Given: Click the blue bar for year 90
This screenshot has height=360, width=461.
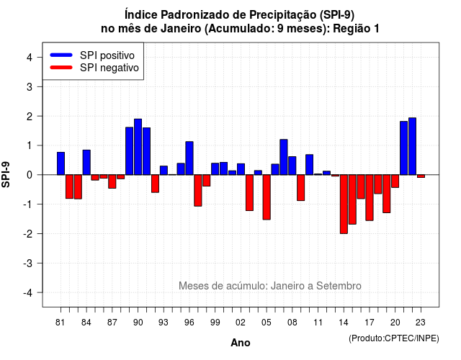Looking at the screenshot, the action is (138, 147).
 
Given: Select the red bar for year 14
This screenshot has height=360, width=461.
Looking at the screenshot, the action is (344, 204).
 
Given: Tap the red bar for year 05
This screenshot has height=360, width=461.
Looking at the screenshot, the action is (267, 197).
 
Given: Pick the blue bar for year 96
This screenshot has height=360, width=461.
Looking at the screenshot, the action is (189, 158).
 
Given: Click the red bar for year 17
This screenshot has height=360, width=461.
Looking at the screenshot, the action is (370, 198).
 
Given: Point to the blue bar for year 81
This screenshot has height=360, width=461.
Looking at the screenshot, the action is (61, 163).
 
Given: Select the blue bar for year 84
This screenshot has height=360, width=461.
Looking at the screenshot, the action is (86, 162).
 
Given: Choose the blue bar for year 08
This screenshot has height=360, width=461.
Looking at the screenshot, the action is (292, 166).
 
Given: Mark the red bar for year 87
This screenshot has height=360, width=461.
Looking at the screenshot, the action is (112, 181).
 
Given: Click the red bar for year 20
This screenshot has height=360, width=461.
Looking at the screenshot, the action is (395, 181).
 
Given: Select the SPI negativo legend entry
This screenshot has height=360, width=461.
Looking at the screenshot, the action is (94, 68).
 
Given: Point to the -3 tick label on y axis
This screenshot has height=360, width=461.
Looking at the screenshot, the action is (28, 263).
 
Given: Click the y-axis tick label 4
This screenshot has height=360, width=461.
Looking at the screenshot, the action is (30, 57).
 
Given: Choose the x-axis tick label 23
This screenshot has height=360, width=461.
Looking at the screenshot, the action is (421, 323).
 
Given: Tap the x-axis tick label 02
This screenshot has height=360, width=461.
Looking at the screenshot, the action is (241, 323).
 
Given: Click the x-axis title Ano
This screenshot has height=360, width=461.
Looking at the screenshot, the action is (241, 343).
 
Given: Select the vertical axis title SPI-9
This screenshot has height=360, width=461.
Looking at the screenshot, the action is (6, 174).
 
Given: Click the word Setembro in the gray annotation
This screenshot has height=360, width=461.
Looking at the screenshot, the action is (339, 286).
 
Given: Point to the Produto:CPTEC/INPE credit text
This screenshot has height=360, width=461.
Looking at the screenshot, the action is (394, 338).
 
